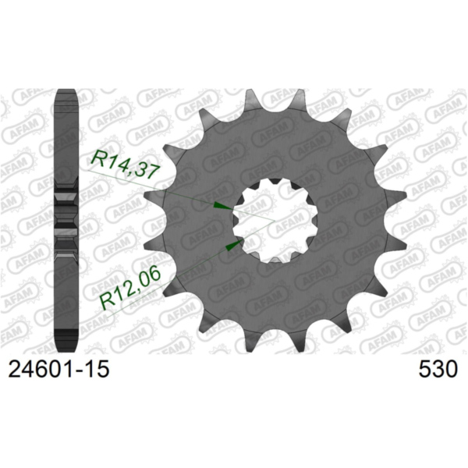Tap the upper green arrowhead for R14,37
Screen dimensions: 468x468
tap(222, 206)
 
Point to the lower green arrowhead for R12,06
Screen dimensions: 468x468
tap(231, 246)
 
